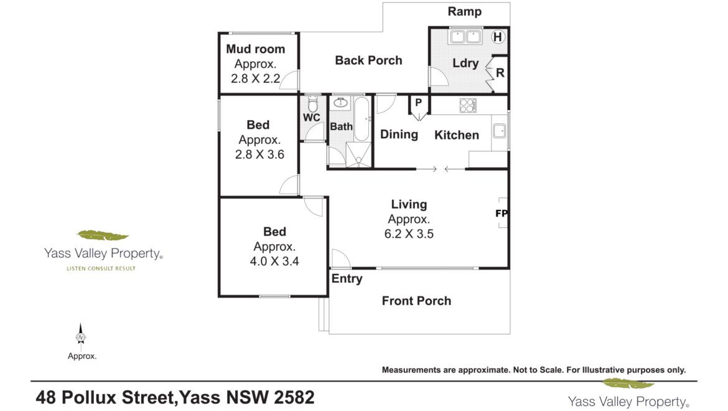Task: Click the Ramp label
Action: pyautogui.click(x=464, y=12)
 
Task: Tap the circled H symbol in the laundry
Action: pyautogui.click(x=498, y=37)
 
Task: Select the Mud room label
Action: pyautogui.click(x=255, y=49)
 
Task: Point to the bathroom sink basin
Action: pyautogui.click(x=341, y=103)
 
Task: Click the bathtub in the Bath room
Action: pyautogui.click(x=362, y=119)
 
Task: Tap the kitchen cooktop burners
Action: pyautogui.click(x=467, y=105)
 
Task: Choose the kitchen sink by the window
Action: pyautogui.click(x=499, y=131)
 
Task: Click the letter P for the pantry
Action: pyautogui.click(x=418, y=102)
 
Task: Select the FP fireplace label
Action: pyautogui.click(x=502, y=214)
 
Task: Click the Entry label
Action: pyautogui.click(x=347, y=278)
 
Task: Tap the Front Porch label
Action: pyautogui.click(x=416, y=301)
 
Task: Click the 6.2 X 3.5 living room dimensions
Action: pyautogui.click(x=409, y=234)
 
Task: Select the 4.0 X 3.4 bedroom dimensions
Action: pyautogui.click(x=274, y=262)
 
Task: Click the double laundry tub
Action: pyautogui.click(x=465, y=37)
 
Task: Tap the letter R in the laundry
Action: pyautogui.click(x=500, y=73)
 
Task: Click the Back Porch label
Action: pyautogui.click(x=368, y=60)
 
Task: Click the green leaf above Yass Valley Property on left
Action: pyautogui.click(x=103, y=235)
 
